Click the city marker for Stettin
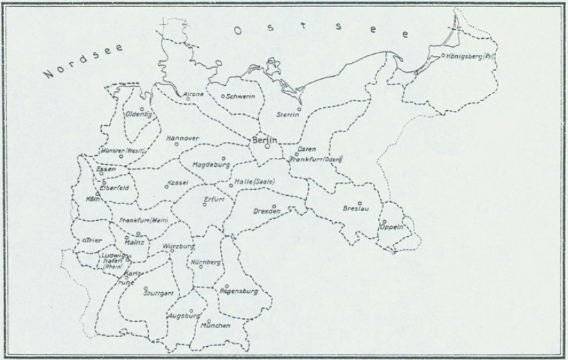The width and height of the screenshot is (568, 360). click(299, 108)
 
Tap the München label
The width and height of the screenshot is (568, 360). click(215, 325)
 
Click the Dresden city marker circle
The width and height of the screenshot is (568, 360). click(275, 206)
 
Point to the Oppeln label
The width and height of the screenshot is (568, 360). click(393, 228)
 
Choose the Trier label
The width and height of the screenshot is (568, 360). click(94, 240)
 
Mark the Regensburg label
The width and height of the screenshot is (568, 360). click(238, 291)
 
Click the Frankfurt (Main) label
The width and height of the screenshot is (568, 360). click(144, 221)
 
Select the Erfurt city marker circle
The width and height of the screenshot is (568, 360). click(204, 204)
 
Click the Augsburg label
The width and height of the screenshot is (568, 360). click(183, 316)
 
